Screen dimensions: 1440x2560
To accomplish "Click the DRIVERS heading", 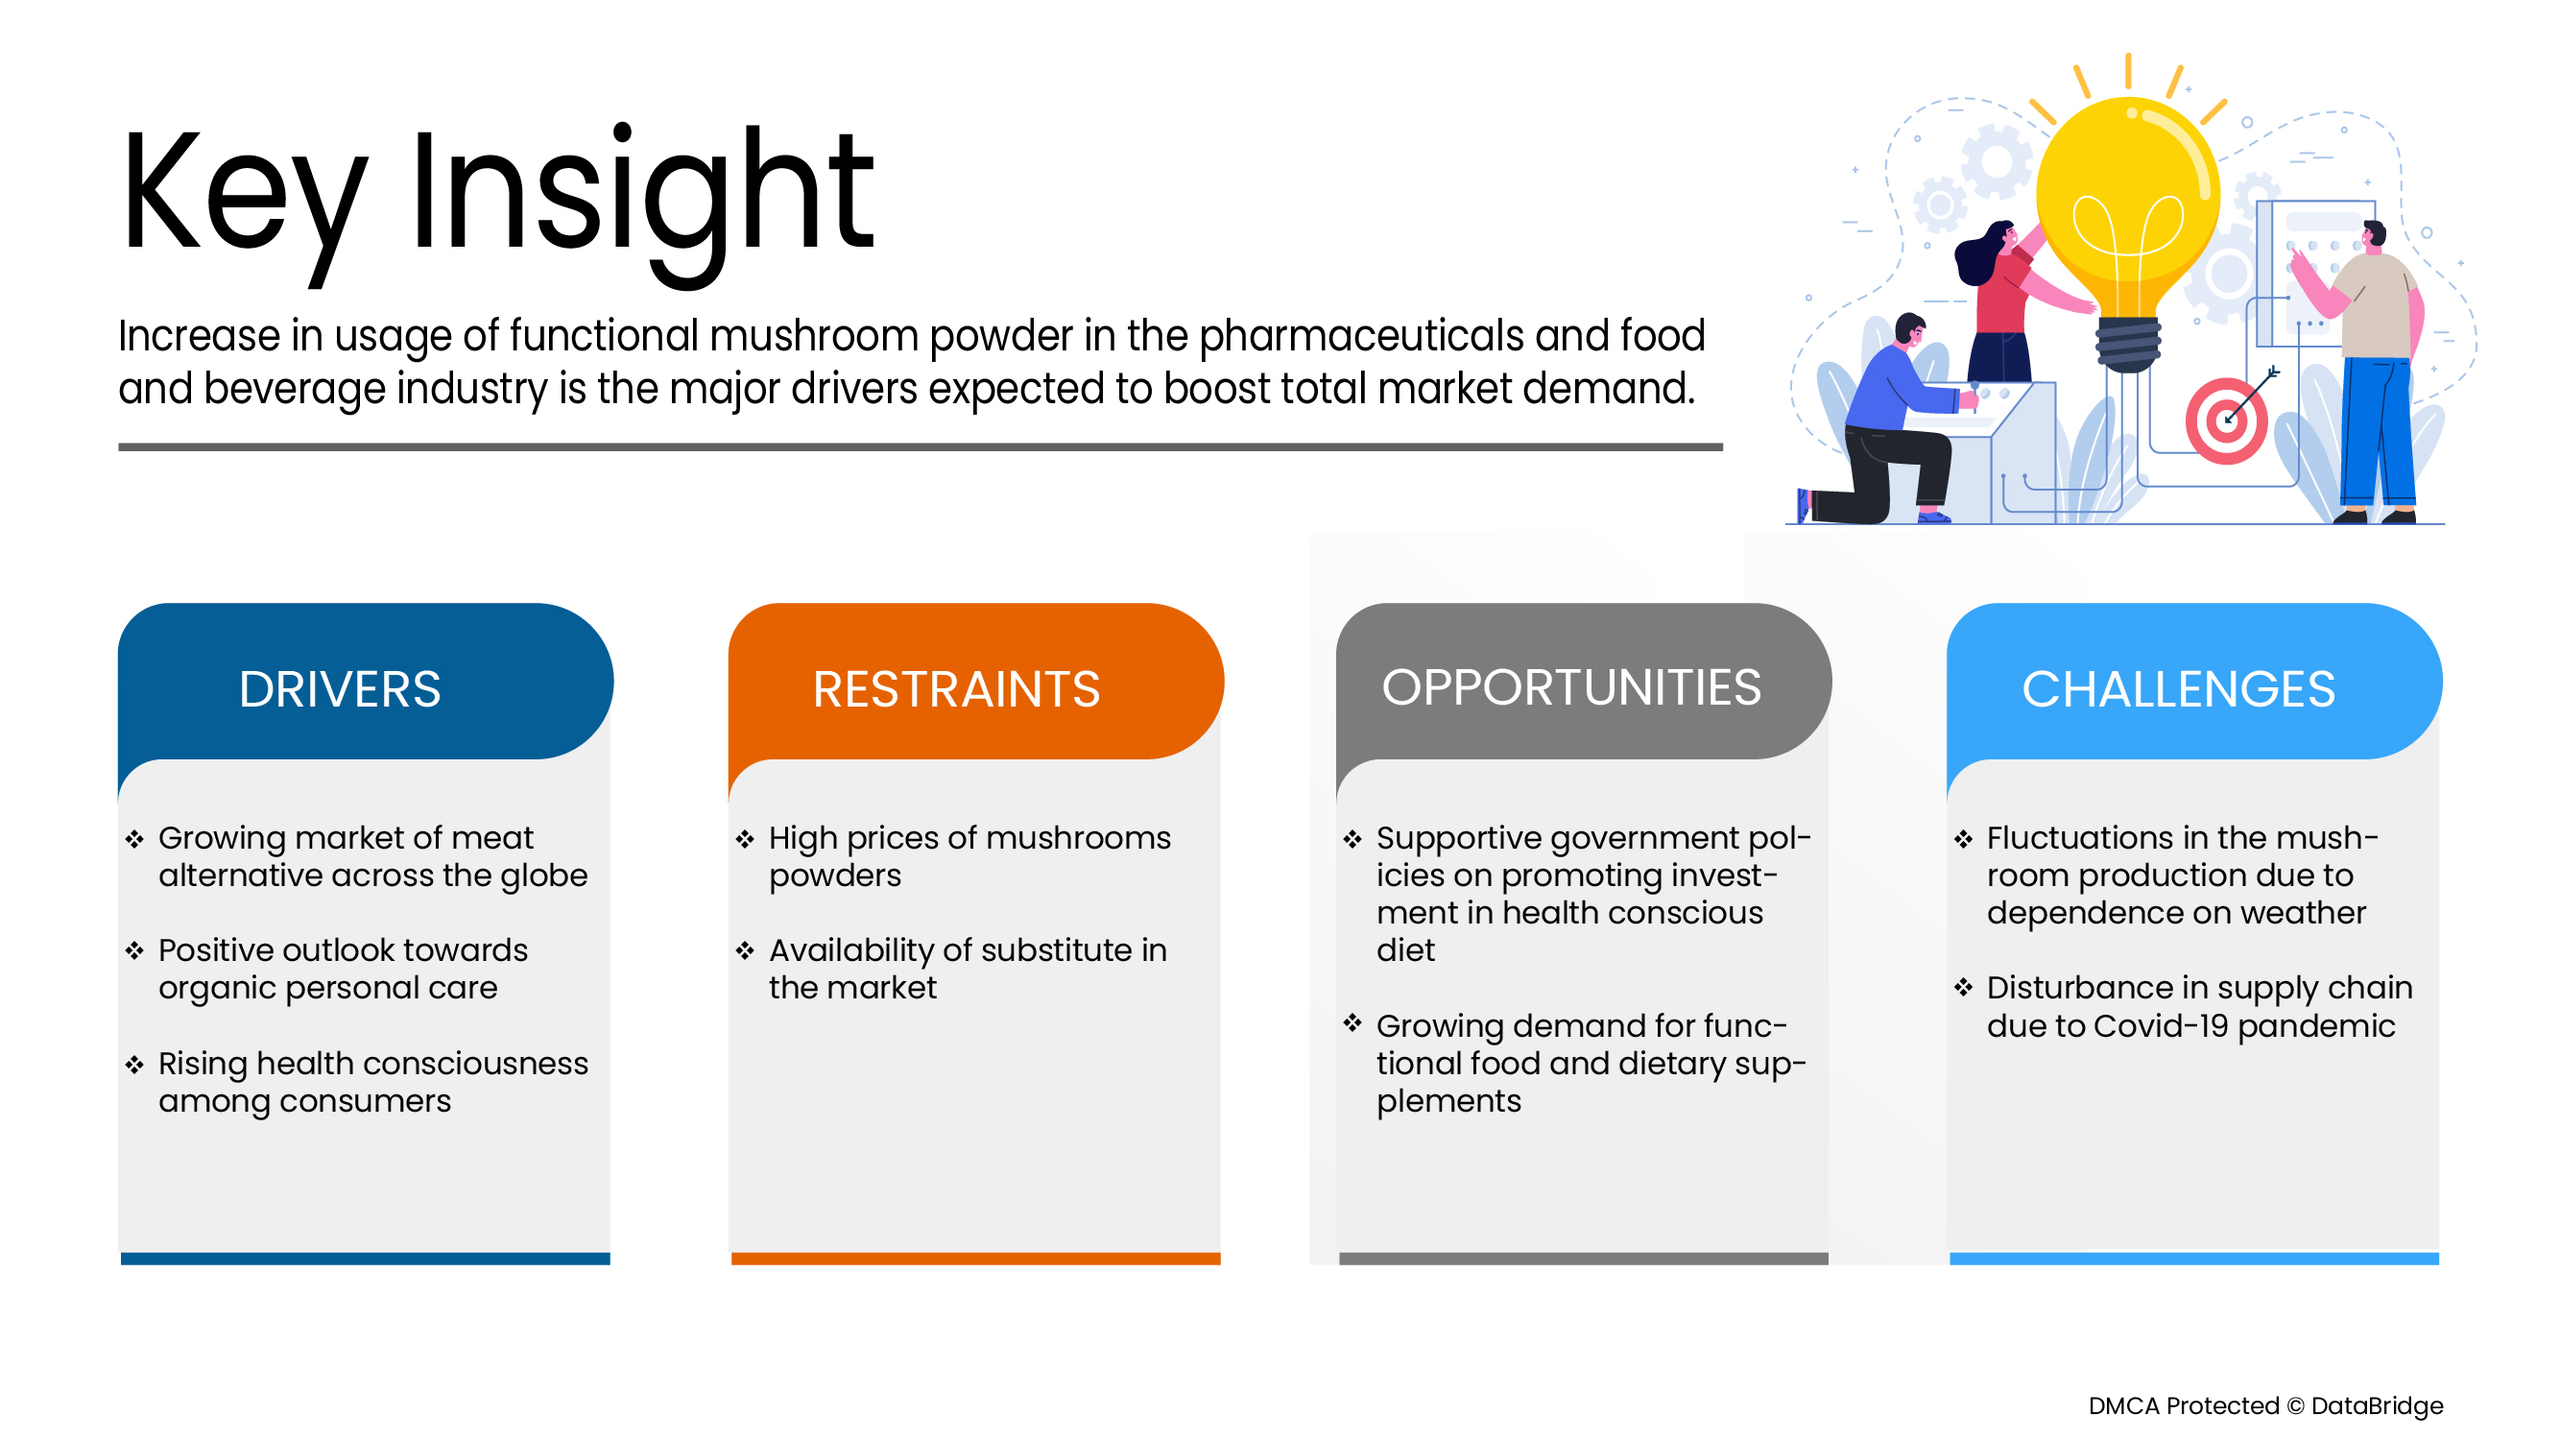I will pos(339,688).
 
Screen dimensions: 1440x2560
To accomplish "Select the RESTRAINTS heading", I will pos(956,688).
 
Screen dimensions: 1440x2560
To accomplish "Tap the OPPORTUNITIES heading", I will pos(1571,686).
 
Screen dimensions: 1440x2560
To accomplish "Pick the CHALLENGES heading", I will pos(2177,688).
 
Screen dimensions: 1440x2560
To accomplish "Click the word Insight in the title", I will pos(642,194).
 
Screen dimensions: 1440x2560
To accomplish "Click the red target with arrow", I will pos(2226,421).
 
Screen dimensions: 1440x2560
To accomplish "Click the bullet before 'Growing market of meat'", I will pos(135,839).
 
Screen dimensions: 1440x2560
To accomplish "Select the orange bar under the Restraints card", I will pos(975,1259).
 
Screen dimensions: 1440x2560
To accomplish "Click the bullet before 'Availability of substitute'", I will pos(745,951).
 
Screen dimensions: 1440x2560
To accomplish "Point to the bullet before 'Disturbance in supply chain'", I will pos(1963,988).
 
